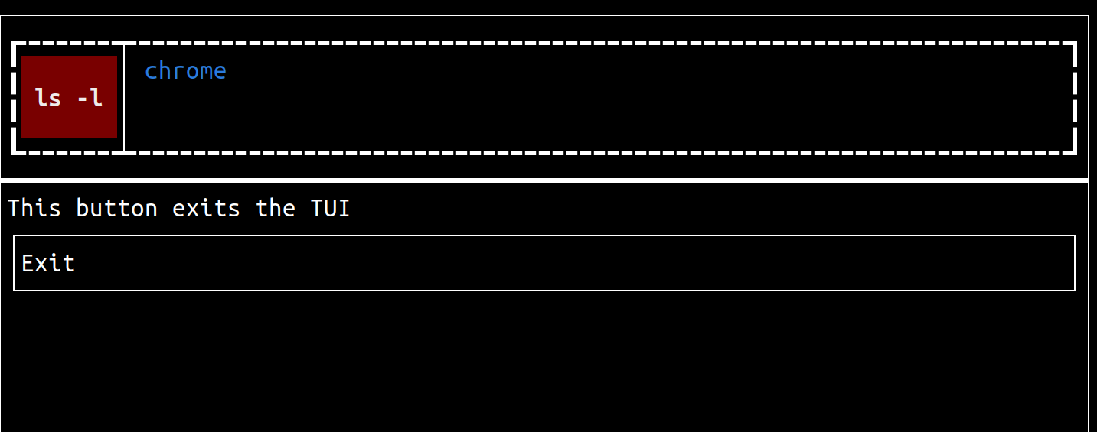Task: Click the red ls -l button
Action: point(69,97)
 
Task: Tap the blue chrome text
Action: point(185,71)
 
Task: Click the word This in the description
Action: point(34,208)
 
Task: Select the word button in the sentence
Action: point(116,208)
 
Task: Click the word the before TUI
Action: point(276,208)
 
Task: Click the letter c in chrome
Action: point(151,72)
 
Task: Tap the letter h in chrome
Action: point(165,71)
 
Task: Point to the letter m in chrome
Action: point(206,72)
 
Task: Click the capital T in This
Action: point(14,208)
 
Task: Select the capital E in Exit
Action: point(28,263)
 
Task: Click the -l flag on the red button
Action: point(90,98)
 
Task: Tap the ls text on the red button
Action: point(48,98)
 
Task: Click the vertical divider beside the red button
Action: point(124,97)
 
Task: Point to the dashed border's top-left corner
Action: point(15,44)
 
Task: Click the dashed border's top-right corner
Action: point(1074,44)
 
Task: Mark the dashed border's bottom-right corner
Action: point(1074,151)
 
